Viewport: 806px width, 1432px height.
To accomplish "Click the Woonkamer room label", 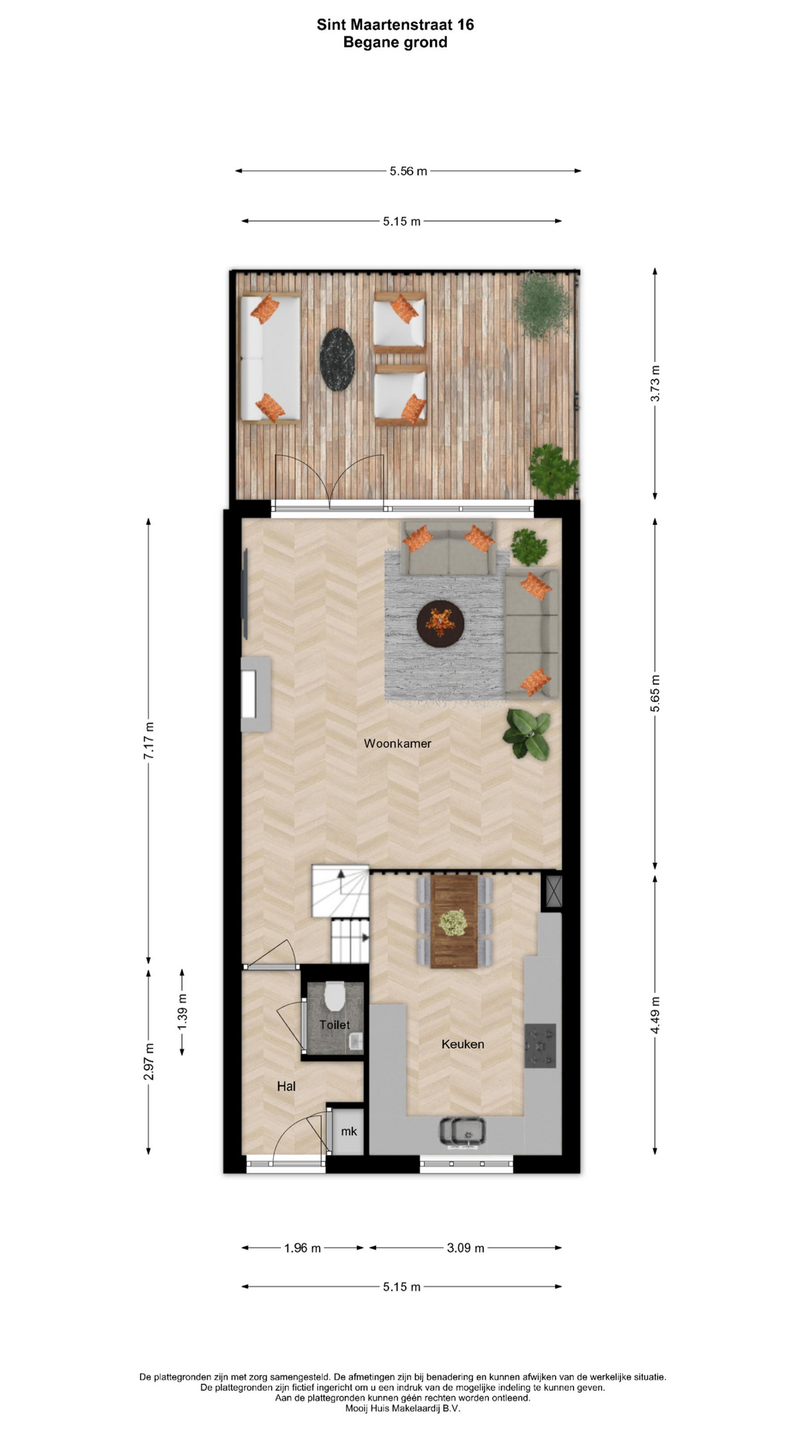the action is point(397,743).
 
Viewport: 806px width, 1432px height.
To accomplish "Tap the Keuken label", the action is point(463,1044).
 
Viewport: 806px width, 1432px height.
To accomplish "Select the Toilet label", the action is point(334,1025).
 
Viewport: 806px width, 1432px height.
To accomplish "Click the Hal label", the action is point(286,1087).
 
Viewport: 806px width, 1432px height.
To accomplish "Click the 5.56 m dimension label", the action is point(408,171).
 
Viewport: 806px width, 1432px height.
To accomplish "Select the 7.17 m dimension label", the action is point(149,741).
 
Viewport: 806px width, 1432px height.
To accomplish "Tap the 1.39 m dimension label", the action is point(182,1013).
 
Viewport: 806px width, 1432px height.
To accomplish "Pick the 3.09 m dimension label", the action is point(466,1248).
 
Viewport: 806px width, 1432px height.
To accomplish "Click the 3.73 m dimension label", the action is point(655,384).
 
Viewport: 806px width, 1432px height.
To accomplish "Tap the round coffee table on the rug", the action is point(440,624).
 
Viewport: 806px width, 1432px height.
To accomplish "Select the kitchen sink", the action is point(462,1131).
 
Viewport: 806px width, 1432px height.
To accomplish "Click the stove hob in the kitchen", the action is point(540,1046).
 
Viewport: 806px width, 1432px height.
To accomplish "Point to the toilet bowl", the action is point(334,994).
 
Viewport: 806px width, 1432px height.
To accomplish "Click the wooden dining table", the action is point(454,922).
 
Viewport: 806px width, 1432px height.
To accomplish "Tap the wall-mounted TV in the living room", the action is point(245,594).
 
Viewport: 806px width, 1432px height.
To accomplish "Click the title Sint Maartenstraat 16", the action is point(396,25).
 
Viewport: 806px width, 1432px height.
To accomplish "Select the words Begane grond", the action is point(396,43).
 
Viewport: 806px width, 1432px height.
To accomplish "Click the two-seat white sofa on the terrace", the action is point(269,359).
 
